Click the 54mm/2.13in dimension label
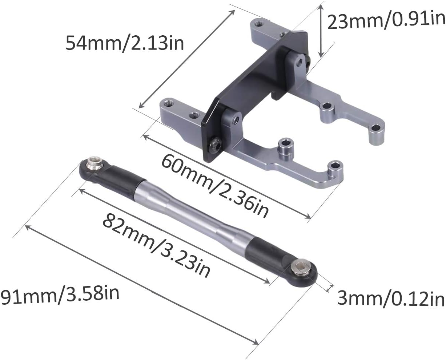pyautogui.click(x=125, y=43)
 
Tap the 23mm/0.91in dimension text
pyautogui.click(x=386, y=20)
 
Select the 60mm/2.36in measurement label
pyautogui.click(x=215, y=186)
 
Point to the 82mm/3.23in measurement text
pyautogui.click(x=156, y=246)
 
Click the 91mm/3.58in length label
pyautogui.click(x=60, y=295)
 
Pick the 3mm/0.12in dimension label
pyautogui.click(x=391, y=298)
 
